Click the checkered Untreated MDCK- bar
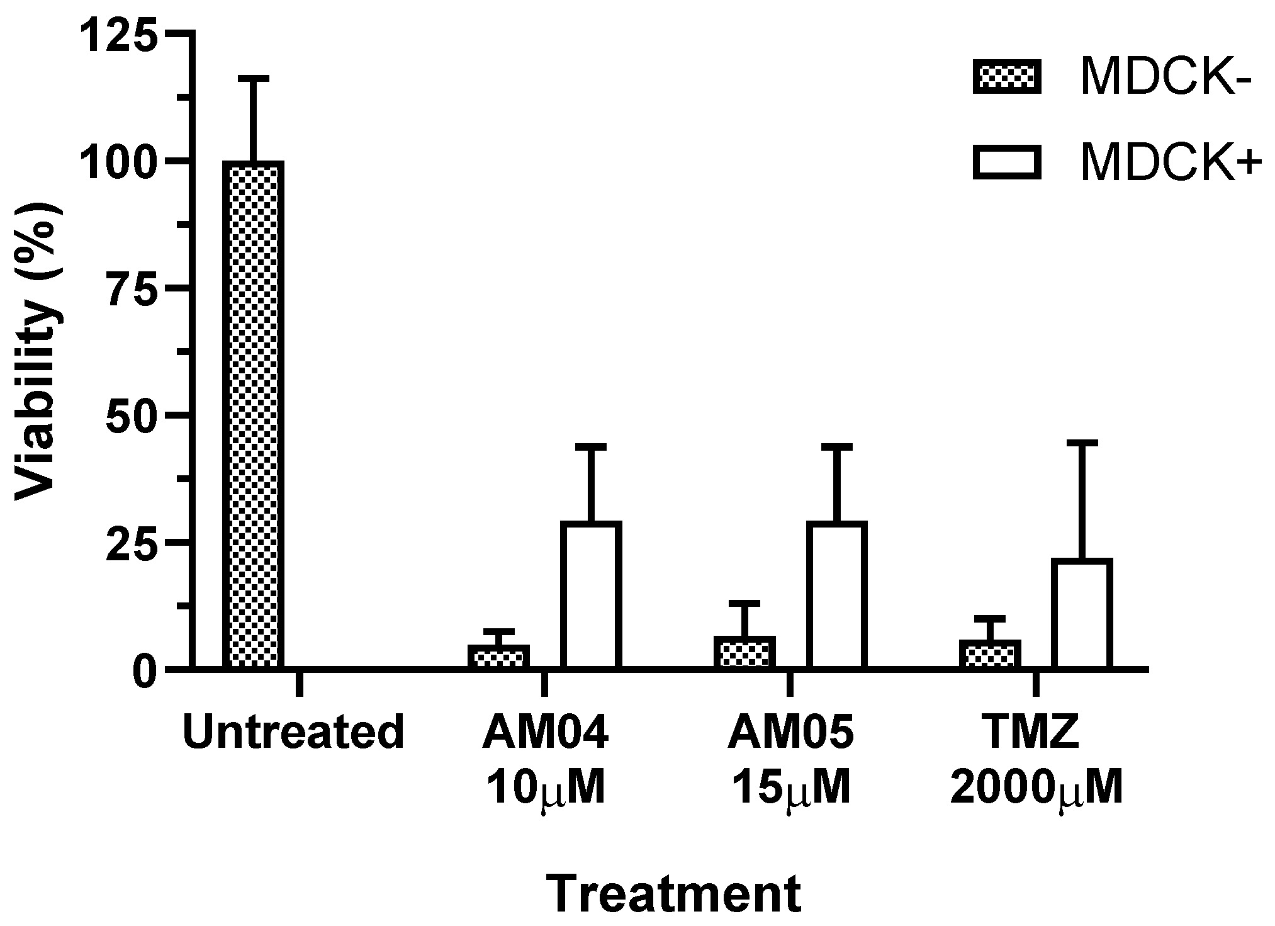coord(253,415)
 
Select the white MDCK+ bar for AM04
coord(591,595)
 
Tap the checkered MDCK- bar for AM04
coord(498,657)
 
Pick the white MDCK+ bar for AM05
coord(837,595)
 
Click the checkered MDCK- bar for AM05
coord(744,653)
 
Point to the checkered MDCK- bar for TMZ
coord(990,655)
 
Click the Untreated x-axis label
coord(293,732)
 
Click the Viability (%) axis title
coord(39,351)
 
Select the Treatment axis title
coord(673,893)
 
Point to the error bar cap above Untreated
coord(253,78)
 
